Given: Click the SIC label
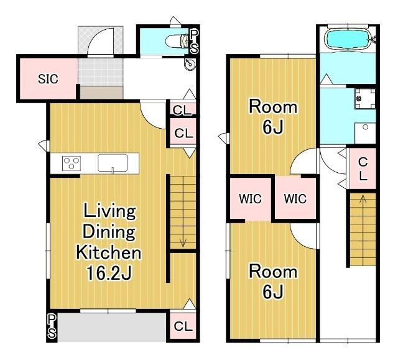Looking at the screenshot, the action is [x=48, y=79].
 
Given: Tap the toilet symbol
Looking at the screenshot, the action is [x=177, y=41].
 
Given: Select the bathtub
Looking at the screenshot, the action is [x=348, y=40].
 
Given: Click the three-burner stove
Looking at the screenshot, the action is [x=72, y=163].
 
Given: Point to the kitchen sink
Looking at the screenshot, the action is [x=113, y=163].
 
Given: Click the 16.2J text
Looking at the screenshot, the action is [x=109, y=273].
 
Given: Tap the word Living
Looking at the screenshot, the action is [x=109, y=211].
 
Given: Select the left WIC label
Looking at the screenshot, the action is [x=250, y=198].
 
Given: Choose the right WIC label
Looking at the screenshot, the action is [x=295, y=198].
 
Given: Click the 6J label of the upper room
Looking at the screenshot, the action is [x=273, y=127].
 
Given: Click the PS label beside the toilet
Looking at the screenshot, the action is [x=193, y=42].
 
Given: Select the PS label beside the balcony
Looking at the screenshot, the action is [x=52, y=326].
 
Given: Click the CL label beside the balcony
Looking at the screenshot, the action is [x=183, y=326].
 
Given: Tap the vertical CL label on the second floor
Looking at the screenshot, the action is [x=363, y=168].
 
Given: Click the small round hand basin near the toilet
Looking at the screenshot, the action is [x=190, y=63].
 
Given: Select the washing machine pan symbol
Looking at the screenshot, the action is [x=365, y=98].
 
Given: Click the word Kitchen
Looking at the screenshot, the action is [x=109, y=252].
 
